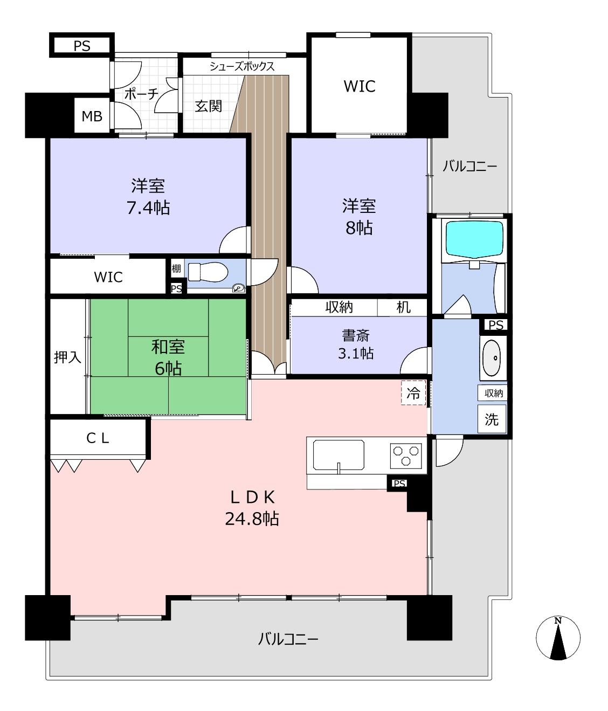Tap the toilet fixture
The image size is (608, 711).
click(x=208, y=272)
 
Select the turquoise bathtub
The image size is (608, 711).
click(x=474, y=239)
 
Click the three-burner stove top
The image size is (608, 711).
click(x=406, y=456)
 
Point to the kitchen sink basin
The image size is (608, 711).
click(x=338, y=455)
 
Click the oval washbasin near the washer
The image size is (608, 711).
click(x=493, y=358)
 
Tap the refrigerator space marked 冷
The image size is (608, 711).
click(x=413, y=392)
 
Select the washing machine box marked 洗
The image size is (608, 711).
click(x=492, y=419)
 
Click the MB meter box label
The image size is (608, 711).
click(x=92, y=116)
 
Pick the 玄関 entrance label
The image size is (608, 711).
click(x=209, y=106)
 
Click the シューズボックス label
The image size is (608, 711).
click(x=242, y=66)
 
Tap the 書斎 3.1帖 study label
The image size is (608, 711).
click(x=356, y=344)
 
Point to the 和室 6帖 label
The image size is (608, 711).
click(x=168, y=358)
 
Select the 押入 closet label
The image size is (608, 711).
click(x=67, y=357)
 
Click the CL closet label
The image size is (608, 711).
click(x=98, y=438)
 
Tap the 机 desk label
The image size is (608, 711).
click(x=403, y=307)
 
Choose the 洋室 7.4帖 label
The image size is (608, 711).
click(x=148, y=197)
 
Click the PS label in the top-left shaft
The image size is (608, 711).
click(x=82, y=46)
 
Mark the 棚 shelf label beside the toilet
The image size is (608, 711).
click(x=176, y=268)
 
